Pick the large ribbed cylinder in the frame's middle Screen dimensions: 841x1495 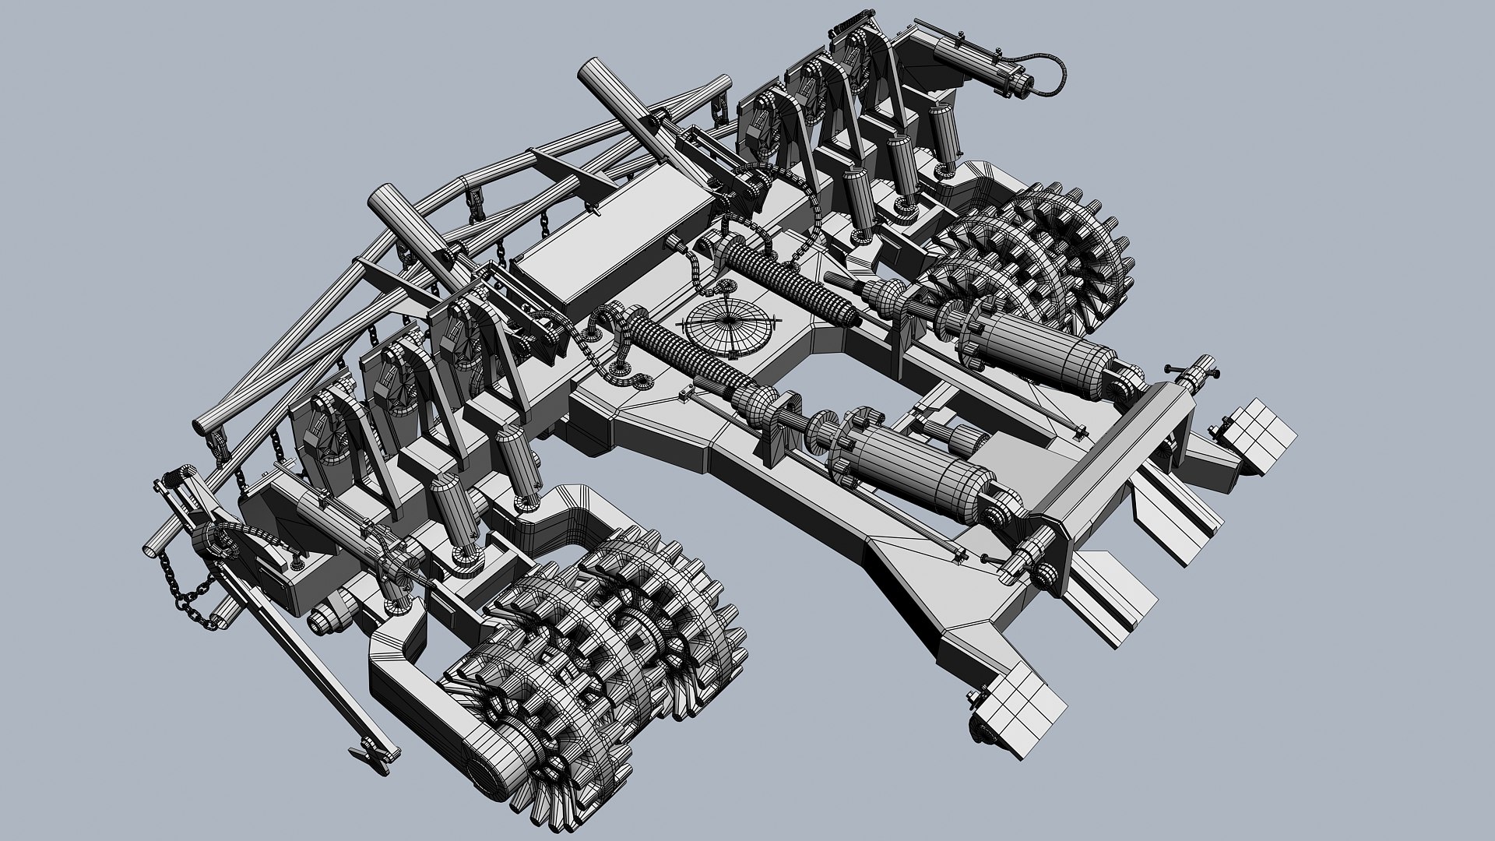919,467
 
